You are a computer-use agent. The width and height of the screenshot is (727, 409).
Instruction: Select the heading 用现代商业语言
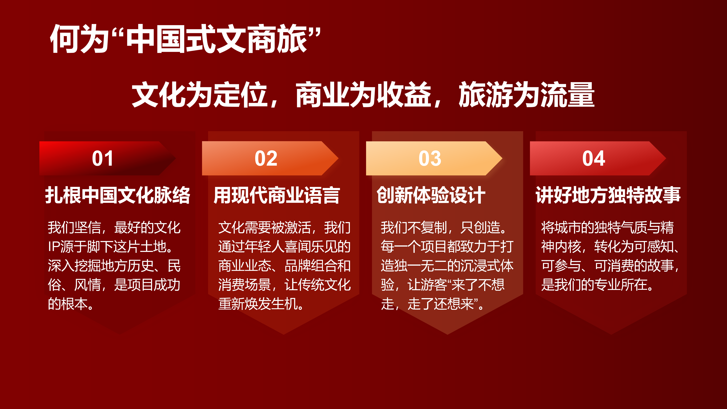[277, 195]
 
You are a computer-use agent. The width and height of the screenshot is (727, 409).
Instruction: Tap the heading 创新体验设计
[431, 195]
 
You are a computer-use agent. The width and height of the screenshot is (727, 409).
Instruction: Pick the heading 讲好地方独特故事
[608, 195]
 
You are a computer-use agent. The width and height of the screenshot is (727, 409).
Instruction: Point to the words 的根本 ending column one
[68, 304]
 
